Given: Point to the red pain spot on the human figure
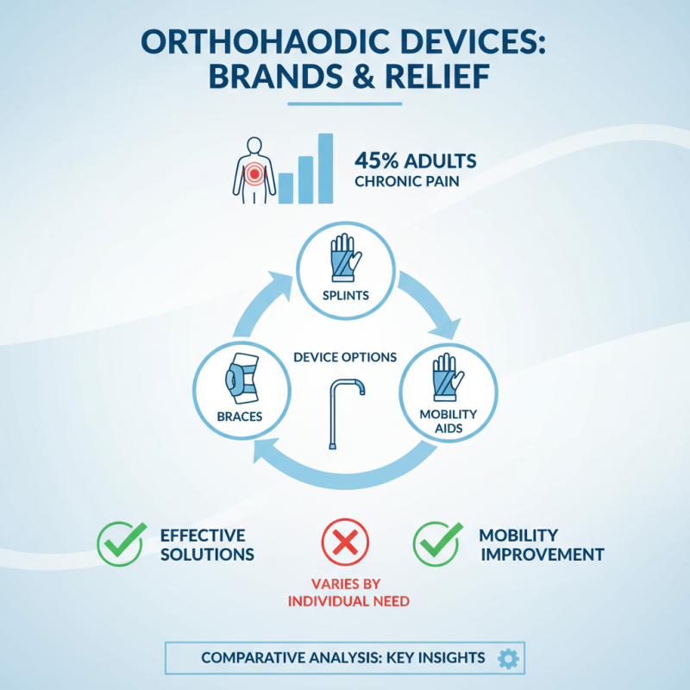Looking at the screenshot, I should point(254,175).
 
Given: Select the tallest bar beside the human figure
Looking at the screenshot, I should point(325,167).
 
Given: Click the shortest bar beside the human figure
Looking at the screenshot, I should point(285,186).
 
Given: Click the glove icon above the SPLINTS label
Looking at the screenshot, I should point(345,256).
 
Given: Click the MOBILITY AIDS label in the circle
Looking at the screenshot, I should point(448,421).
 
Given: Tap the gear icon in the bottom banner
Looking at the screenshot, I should point(508,659).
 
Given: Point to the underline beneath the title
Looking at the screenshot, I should point(344,104).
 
